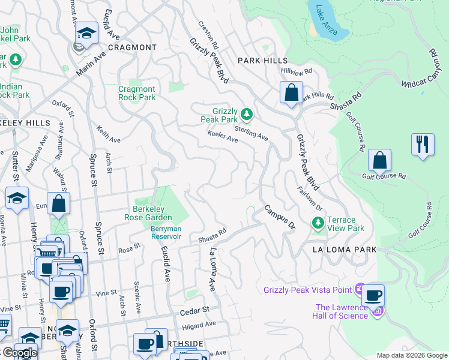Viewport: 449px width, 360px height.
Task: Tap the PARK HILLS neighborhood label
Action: tap(262, 61)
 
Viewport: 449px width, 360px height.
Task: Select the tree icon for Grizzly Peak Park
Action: tap(246, 114)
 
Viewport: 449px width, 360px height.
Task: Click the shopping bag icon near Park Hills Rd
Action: tap(291, 94)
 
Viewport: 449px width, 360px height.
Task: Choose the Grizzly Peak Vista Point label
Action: tap(307, 290)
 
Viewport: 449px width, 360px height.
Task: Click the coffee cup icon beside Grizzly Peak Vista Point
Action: tap(373, 295)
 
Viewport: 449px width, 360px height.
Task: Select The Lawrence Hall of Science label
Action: tap(342, 312)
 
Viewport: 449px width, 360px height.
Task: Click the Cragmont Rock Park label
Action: tap(137, 93)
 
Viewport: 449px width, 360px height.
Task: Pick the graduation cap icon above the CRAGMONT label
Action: tap(86, 34)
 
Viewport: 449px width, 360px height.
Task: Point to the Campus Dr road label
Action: tap(280, 218)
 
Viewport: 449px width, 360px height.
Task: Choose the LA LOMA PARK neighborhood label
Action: tap(343, 250)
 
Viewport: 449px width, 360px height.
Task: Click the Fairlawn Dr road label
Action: tap(310, 198)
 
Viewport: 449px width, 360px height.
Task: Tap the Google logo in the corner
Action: tap(19, 353)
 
